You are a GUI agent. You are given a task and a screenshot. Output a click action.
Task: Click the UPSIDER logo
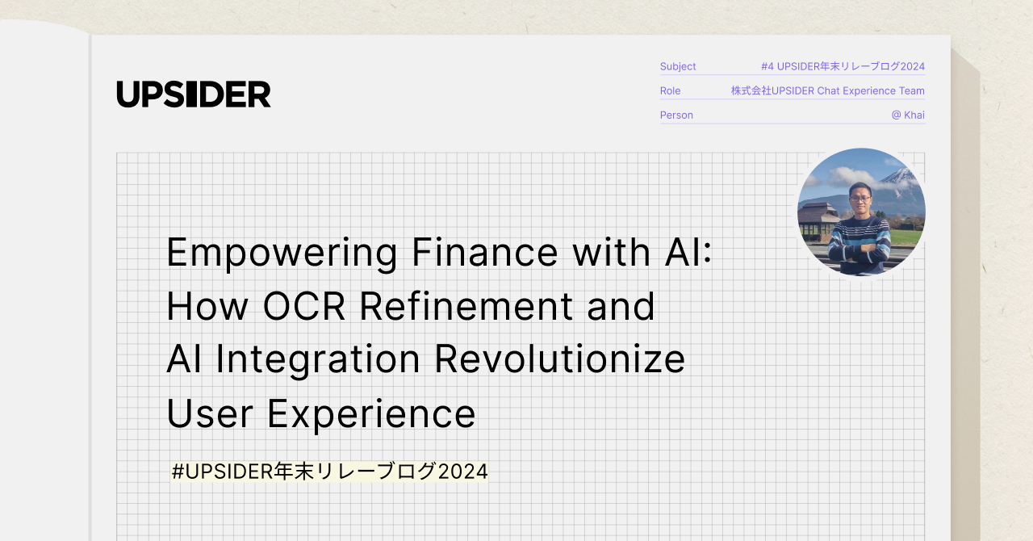(x=194, y=94)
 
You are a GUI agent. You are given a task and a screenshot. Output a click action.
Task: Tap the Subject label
(x=678, y=66)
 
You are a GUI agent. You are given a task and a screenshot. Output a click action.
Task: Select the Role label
(x=670, y=90)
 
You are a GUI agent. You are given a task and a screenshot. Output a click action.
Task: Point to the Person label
(x=676, y=115)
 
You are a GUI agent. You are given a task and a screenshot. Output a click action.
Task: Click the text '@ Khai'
(x=908, y=115)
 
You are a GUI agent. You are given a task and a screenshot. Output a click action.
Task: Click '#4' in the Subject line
(x=767, y=66)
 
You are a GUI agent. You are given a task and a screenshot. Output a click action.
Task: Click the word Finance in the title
(x=485, y=253)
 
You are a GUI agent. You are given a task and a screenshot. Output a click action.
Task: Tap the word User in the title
(x=210, y=413)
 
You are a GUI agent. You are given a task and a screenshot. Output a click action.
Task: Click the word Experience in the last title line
(x=371, y=413)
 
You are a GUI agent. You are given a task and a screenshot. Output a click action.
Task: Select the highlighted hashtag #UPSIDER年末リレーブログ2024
(x=329, y=471)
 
